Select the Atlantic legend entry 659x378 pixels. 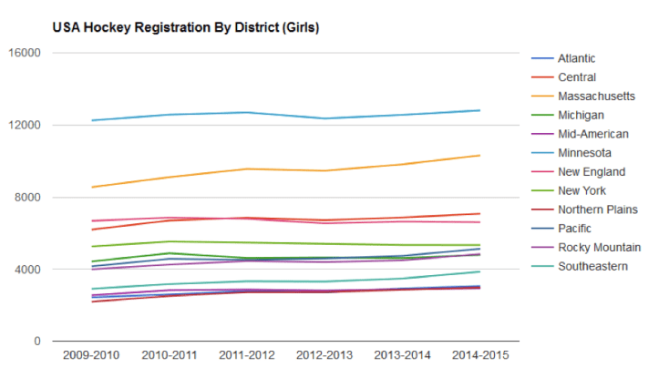pos(576,58)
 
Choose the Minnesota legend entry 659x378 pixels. pos(584,152)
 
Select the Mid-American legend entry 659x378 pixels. pos(592,134)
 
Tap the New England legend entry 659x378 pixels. pos(591,171)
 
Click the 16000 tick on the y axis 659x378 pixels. pos(26,53)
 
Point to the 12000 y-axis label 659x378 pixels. pos(26,125)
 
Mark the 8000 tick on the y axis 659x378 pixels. pos(28,197)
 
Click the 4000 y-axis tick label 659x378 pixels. pos(28,270)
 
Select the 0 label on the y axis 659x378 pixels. pos(37,342)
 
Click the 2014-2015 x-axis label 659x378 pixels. pos(479,355)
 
